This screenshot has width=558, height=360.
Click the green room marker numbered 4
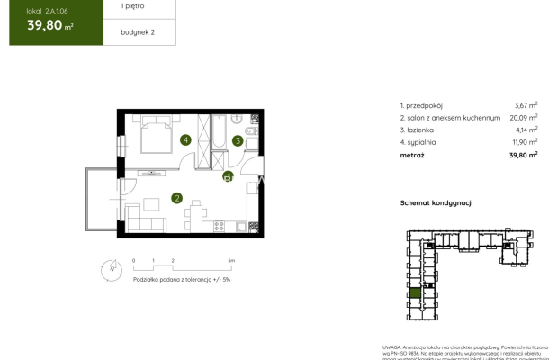coord(184,139)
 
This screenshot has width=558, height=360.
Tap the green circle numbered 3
coord(237,139)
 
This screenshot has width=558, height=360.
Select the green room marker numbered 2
coord(177,198)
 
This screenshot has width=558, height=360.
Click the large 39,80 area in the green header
coord(45,25)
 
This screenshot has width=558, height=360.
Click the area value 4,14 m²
coord(524,130)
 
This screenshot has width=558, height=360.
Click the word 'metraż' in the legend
coord(414,155)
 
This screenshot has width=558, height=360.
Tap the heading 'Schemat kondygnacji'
coord(436,203)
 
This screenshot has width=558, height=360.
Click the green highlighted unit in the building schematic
coord(415,293)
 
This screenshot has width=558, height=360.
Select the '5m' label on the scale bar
coord(231,259)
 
